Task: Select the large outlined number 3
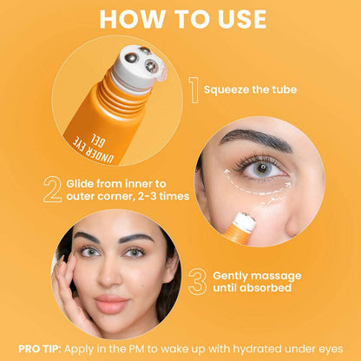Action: point(197,279)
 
